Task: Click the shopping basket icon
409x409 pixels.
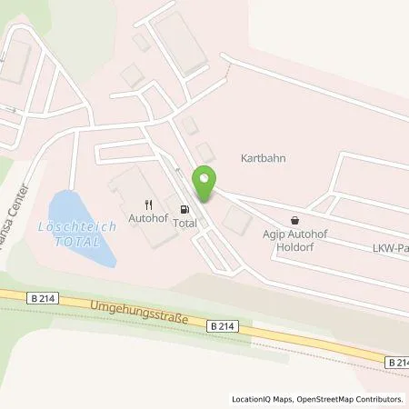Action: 294,220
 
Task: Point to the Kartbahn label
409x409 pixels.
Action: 263,156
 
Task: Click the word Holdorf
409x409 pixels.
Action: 294,244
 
